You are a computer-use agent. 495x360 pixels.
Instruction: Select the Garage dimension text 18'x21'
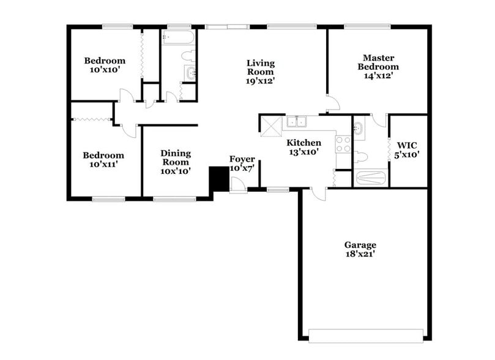[x=360, y=253]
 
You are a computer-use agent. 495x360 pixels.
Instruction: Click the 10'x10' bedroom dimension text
[x=105, y=70]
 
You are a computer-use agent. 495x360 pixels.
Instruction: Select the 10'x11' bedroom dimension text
[x=103, y=164]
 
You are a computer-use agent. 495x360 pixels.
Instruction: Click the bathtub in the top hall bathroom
[x=178, y=39]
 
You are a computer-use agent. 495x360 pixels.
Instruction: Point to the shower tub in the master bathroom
[x=371, y=178]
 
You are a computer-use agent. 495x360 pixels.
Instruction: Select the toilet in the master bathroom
[x=361, y=157]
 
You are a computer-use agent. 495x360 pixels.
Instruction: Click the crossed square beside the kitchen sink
[x=270, y=126]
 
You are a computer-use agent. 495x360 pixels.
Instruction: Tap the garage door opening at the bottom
[x=366, y=335]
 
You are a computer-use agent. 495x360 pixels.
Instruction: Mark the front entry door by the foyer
[x=239, y=186]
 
